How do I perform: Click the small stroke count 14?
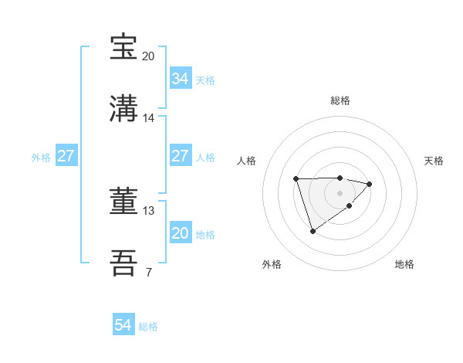[x=149, y=118]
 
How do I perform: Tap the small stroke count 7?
[x=148, y=272]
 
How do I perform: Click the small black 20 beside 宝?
[x=149, y=56]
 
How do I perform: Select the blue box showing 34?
[x=180, y=78]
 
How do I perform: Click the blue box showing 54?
[x=123, y=325]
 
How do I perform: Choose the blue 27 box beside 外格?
[x=66, y=156]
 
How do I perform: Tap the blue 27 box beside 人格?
[x=180, y=156]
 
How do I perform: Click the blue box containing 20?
[x=180, y=233]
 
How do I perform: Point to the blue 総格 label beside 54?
[x=148, y=327]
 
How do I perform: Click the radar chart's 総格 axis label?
[x=340, y=100]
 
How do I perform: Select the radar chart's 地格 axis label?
[x=404, y=264]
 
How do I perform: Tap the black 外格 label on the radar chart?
[x=272, y=264]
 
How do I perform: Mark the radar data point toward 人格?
[x=296, y=179]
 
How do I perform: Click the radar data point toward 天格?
[x=370, y=184]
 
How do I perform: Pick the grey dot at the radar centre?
[x=340, y=192]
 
